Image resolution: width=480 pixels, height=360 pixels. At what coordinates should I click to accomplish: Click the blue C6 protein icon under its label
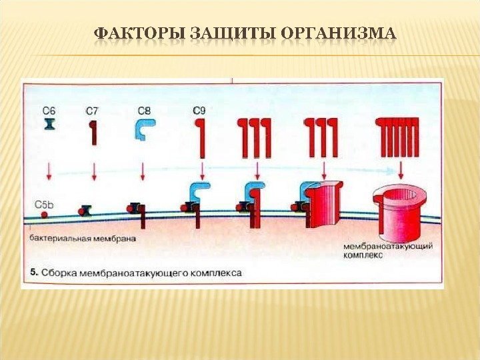coord(49,125)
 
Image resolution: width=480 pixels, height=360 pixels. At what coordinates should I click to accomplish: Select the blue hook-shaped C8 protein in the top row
coord(145,127)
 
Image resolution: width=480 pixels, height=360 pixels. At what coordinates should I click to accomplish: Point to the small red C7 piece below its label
coord(94,131)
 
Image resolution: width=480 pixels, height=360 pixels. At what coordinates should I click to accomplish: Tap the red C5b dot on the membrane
coord(44,215)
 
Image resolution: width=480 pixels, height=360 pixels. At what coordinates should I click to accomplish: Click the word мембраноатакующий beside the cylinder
coord(387,246)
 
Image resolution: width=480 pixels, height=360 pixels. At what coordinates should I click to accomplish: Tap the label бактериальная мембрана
coord(83,237)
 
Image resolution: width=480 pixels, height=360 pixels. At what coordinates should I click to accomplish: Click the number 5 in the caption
coord(35,273)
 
